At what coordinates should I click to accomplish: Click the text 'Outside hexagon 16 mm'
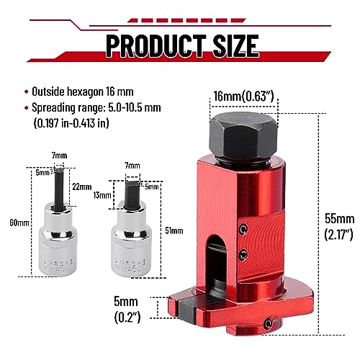point(87,91)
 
